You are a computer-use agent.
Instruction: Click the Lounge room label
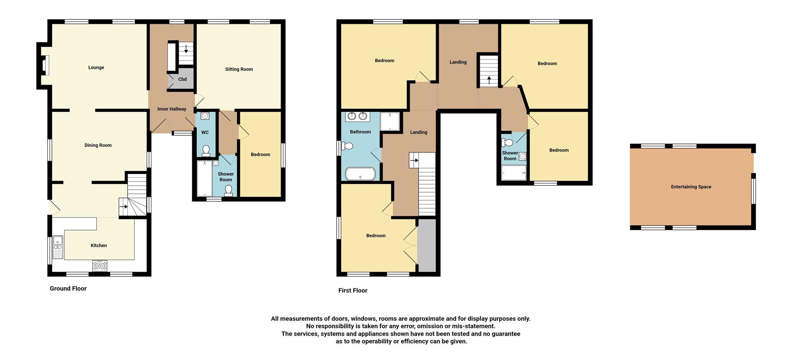96,68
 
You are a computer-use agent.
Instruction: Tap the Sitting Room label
239,69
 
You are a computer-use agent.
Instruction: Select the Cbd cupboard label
182,79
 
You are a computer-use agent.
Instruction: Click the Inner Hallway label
172,109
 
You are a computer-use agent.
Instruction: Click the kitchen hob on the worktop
99,265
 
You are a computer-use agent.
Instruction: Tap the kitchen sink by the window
58,247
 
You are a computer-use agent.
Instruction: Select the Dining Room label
98,145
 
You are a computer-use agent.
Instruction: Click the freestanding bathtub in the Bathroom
360,174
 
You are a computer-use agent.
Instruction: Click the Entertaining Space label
691,187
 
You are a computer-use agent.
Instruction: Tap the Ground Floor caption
68,289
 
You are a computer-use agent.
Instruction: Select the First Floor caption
353,291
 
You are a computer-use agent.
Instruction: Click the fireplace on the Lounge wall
45,66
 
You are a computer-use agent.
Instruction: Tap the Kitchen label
99,245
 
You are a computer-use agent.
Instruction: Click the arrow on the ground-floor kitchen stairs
124,207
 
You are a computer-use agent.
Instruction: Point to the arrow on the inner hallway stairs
186,49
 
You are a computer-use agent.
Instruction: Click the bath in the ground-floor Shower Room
205,178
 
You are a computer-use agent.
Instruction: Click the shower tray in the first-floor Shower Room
514,173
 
